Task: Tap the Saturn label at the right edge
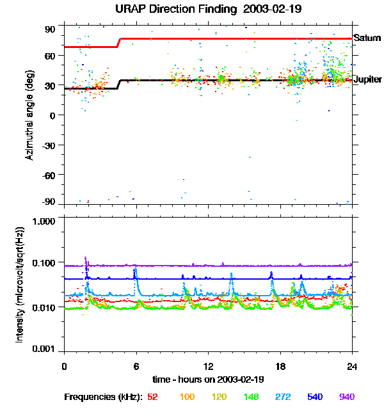pos(367,38)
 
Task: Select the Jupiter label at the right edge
pos(368,79)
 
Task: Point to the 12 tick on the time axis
pos(208,366)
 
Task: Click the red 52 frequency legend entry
pos(152,397)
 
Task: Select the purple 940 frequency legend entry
pos(346,397)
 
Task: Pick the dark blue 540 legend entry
pos(316,397)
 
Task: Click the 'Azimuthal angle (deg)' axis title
pos(30,115)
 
